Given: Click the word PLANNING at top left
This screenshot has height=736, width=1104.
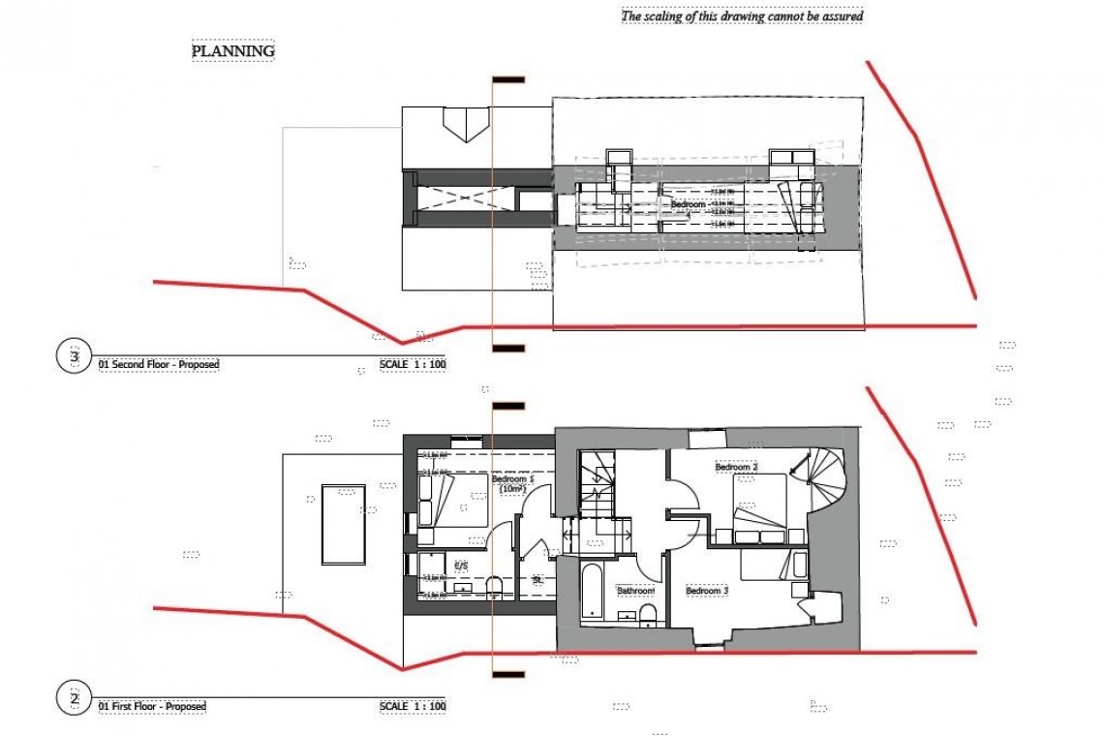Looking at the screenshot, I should [232, 50].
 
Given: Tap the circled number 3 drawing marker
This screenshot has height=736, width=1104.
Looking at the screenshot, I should [75, 357].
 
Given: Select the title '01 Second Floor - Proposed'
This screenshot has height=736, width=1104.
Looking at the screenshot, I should [159, 365].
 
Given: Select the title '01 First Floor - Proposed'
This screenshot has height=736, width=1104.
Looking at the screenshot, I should [152, 707].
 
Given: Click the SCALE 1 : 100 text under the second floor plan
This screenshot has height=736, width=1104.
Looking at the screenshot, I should [413, 365].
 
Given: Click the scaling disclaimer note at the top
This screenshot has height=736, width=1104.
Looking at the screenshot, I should [741, 15].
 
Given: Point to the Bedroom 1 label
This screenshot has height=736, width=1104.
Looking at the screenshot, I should [510, 480].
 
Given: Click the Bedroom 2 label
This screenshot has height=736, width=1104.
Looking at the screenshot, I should [736, 468].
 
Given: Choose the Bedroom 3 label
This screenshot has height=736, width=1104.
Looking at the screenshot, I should [706, 590].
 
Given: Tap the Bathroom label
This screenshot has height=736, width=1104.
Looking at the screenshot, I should [634, 591].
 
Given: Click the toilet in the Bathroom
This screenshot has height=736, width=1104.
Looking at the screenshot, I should [648, 613].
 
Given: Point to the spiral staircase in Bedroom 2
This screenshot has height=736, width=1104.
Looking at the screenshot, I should [817, 475].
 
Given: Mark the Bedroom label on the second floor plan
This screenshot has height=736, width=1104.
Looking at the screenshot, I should [688, 204].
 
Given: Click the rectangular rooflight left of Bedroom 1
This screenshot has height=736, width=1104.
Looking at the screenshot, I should [343, 523].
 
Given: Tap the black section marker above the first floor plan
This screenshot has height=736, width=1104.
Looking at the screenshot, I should [508, 406].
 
